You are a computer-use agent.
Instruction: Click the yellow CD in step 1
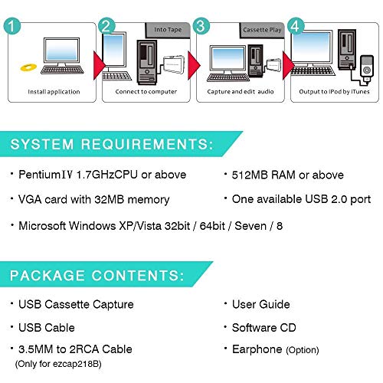(x=28, y=67)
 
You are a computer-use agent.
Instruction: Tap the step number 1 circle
(x=12, y=26)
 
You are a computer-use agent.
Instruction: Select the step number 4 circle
(x=296, y=26)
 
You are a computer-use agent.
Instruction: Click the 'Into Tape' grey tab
(x=168, y=30)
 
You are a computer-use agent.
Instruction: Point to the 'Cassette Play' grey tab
(x=262, y=30)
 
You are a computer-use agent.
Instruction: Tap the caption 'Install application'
(x=54, y=92)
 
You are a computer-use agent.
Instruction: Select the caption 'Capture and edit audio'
(x=241, y=91)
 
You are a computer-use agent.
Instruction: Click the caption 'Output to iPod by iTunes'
(x=334, y=92)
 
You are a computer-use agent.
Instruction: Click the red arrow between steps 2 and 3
(x=194, y=65)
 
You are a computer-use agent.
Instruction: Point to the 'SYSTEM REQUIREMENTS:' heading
(x=112, y=144)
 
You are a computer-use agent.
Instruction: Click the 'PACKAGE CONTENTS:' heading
(x=97, y=276)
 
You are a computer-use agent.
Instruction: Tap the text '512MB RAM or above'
(x=288, y=175)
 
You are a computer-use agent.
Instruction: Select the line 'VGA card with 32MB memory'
(x=94, y=200)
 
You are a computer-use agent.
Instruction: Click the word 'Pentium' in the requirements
(x=39, y=175)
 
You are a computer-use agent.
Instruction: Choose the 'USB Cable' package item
(x=47, y=328)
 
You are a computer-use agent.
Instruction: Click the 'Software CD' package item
(x=264, y=328)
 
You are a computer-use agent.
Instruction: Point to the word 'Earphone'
(x=257, y=349)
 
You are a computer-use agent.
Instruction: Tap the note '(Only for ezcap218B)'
(x=58, y=364)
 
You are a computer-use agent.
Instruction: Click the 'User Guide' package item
(x=261, y=304)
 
